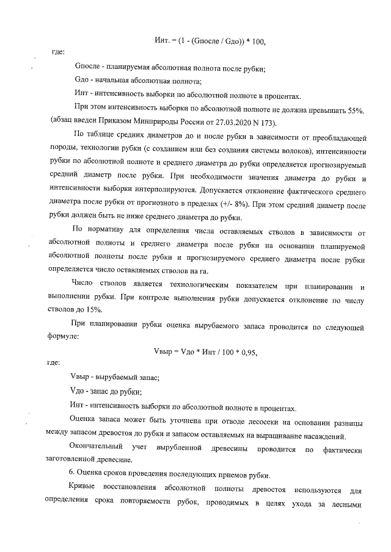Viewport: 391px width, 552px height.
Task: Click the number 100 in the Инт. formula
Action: (257, 41)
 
